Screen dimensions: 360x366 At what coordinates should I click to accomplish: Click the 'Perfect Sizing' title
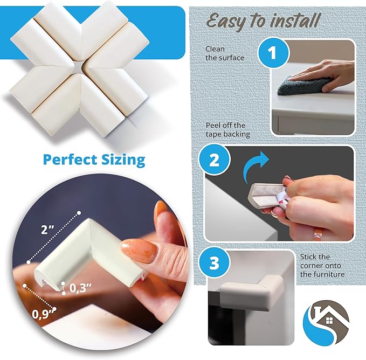click(94, 160)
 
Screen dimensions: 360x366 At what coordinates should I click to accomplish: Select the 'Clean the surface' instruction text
click(217, 53)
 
